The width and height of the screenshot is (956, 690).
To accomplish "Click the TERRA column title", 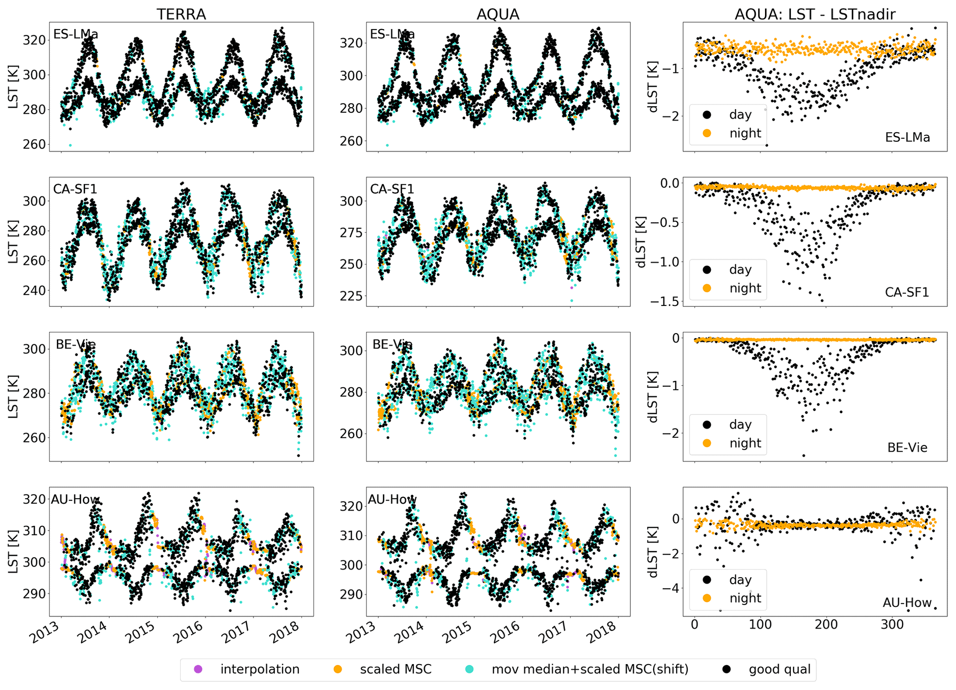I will click(181, 14).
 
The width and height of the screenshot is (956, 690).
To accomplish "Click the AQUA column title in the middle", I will click(498, 14).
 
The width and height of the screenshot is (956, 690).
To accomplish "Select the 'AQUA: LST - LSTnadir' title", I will click(814, 14).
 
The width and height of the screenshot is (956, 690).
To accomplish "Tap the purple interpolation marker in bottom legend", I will click(198, 669).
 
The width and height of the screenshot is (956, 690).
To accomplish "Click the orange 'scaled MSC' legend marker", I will click(338, 669).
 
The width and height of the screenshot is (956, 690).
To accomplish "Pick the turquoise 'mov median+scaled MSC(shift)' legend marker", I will click(470, 669).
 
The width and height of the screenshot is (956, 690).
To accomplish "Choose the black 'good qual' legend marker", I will click(727, 669).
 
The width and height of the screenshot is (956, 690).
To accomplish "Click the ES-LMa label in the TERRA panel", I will click(75, 34).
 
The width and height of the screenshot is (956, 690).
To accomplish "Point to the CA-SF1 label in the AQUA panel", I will click(392, 189).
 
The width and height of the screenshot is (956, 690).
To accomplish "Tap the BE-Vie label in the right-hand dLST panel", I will click(907, 447).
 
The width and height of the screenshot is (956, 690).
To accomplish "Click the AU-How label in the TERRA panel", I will click(75, 499).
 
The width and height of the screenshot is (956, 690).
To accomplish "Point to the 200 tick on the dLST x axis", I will click(826, 625).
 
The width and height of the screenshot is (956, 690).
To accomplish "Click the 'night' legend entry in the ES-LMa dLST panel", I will click(745, 133).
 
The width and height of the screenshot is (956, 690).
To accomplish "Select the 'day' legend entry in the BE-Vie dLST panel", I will click(740, 424).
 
